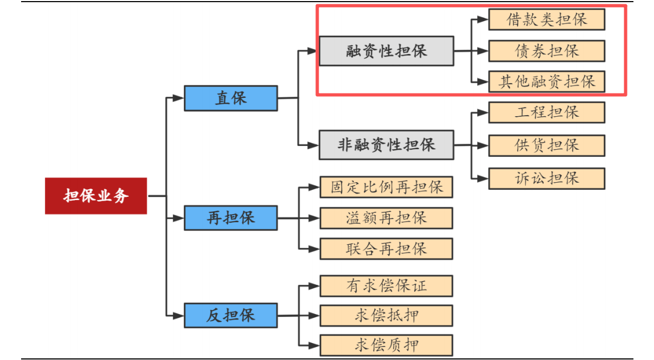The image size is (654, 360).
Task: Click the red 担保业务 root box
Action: click(x=96, y=196)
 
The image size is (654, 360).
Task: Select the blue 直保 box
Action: click(x=230, y=98)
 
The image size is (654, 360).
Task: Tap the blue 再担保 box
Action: click(x=230, y=218)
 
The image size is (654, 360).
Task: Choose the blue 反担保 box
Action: click(x=230, y=315)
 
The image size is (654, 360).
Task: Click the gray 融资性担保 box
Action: click(x=386, y=51)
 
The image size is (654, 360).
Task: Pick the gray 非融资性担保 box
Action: click(x=386, y=145)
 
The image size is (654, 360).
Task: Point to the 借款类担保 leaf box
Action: click(x=546, y=20)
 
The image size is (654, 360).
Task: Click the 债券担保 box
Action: click(x=546, y=51)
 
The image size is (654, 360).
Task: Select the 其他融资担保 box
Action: click(x=546, y=82)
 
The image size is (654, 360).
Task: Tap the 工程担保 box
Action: click(x=546, y=112)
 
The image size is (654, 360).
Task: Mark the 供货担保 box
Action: click(x=546, y=145)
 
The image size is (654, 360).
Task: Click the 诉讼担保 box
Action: click(x=546, y=178)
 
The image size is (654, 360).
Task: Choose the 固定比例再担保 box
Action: click(x=386, y=187)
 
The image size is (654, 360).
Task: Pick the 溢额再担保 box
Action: click(x=386, y=218)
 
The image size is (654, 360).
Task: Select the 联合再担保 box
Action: click(x=386, y=249)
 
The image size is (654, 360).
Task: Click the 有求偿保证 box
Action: click(x=386, y=285)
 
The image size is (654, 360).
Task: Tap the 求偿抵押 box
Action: click(x=386, y=316)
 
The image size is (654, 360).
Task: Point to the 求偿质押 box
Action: click(x=386, y=345)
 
